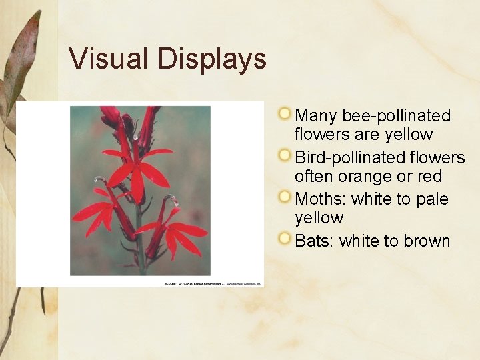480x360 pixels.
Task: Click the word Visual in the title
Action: (x=109, y=59)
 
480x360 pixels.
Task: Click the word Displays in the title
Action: (x=212, y=60)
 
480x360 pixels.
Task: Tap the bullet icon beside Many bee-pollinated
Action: (x=285, y=114)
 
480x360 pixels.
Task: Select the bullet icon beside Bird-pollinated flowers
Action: (x=285, y=156)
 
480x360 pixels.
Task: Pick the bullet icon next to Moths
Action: (x=285, y=197)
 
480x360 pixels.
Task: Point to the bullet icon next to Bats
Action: (x=285, y=239)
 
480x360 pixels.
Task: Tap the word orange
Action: (x=366, y=177)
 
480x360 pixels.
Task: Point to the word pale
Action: (x=431, y=199)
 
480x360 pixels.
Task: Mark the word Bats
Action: (x=313, y=241)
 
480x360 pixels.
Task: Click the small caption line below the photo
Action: (x=213, y=283)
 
